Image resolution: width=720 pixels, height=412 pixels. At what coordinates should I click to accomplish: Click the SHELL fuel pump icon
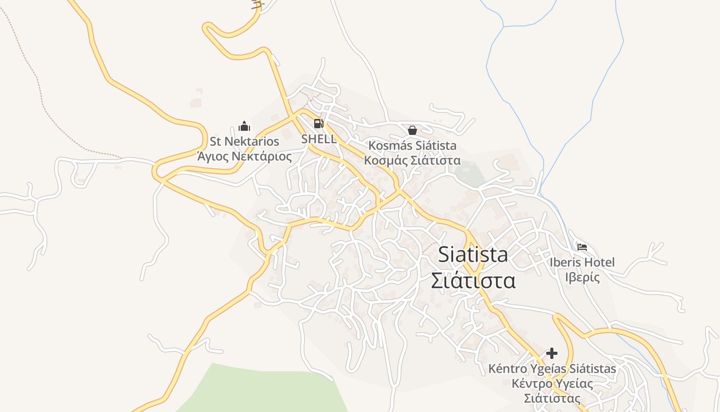(318, 124)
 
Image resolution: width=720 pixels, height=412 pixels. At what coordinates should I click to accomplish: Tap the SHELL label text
(319, 139)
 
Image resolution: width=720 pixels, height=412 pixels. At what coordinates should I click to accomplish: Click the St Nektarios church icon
(244, 126)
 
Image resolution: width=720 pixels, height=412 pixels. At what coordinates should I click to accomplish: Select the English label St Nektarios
(244, 142)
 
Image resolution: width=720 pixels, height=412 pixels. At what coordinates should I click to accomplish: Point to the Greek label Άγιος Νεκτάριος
(244, 156)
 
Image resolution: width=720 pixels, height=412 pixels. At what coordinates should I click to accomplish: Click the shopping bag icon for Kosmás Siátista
(412, 130)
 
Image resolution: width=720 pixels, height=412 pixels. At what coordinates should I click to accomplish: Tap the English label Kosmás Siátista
(412, 146)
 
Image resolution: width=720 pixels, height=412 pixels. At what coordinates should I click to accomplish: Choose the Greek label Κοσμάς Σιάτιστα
(412, 160)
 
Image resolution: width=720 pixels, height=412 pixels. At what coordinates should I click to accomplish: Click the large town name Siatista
(473, 254)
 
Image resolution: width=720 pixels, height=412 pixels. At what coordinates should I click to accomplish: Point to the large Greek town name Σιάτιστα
(473, 281)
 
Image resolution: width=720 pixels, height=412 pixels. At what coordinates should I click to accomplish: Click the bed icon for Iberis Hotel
(582, 247)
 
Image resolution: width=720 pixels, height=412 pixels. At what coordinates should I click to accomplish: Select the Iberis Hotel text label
(582, 262)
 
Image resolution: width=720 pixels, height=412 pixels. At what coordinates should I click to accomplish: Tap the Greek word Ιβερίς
(582, 277)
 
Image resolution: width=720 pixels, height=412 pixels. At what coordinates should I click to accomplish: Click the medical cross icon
(552, 353)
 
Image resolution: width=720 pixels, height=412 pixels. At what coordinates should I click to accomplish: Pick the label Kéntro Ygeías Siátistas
(552, 369)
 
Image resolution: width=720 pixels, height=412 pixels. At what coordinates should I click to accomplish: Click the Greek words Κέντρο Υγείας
(552, 384)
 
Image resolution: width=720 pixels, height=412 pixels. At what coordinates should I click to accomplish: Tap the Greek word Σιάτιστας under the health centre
(552, 398)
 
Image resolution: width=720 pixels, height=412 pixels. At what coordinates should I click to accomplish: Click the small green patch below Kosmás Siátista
(471, 174)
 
